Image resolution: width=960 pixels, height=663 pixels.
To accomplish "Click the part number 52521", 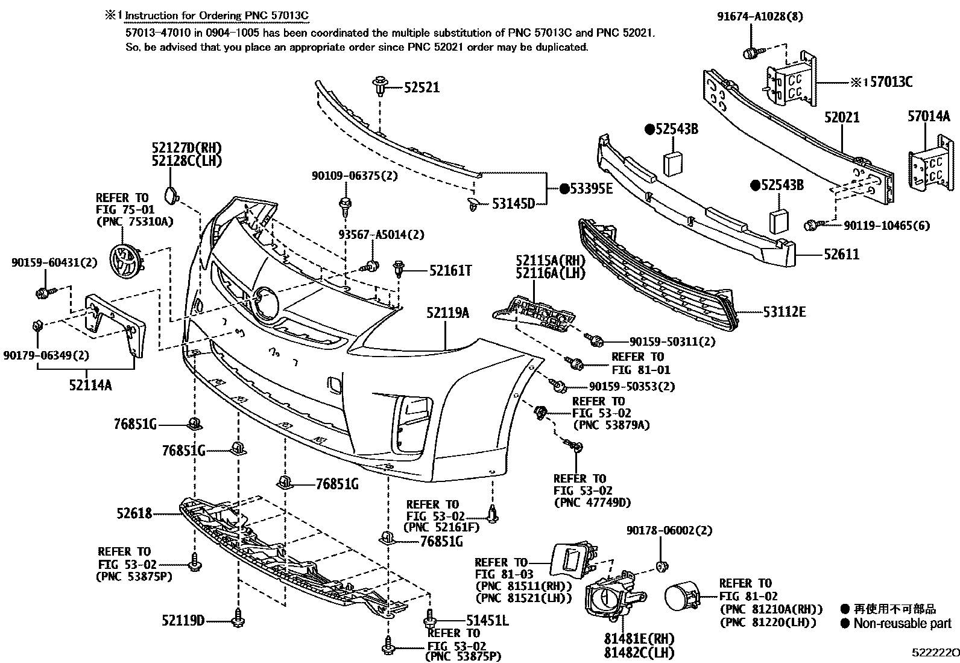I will click(422, 88).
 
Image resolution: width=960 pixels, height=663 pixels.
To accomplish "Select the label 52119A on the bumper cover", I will click(447, 312).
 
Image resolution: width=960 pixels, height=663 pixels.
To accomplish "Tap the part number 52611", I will click(842, 254).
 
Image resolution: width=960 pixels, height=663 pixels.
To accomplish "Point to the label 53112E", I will click(784, 312).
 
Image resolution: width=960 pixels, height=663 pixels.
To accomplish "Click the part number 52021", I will click(842, 117).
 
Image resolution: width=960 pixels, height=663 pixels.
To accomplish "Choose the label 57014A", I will click(929, 116).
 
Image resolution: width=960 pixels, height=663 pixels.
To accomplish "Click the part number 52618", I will click(134, 513).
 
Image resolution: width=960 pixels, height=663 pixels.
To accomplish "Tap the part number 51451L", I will click(487, 620).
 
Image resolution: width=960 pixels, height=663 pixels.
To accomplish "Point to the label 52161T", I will click(450, 271).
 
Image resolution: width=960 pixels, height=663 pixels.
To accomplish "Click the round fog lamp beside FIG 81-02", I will click(681, 599).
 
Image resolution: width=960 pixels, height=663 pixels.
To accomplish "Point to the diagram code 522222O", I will click(935, 653).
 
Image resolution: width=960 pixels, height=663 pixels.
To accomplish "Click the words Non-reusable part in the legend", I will click(902, 624).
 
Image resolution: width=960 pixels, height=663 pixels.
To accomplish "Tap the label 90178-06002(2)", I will click(669, 531).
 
